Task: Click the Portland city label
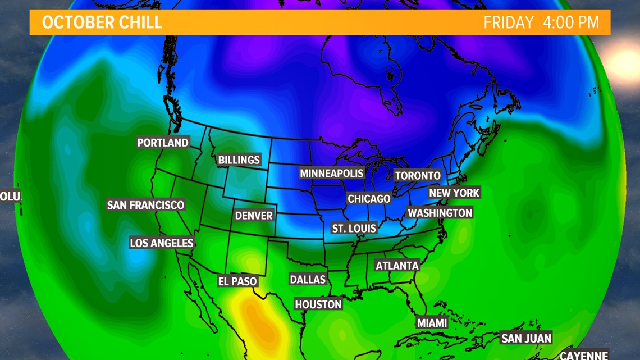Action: (x=163, y=143)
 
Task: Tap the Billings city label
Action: (x=239, y=160)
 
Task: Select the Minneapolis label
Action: (x=332, y=174)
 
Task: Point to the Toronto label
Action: (x=418, y=176)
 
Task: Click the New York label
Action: (x=454, y=193)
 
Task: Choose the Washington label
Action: (x=440, y=213)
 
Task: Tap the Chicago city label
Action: (x=369, y=199)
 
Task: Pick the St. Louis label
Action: (x=354, y=229)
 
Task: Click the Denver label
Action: (x=254, y=216)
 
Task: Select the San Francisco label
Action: (x=145, y=205)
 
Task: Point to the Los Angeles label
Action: (x=162, y=243)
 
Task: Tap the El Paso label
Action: (x=237, y=281)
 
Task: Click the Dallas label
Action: (x=308, y=279)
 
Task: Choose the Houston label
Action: (x=318, y=304)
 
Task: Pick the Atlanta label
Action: (x=397, y=266)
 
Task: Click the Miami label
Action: (x=432, y=323)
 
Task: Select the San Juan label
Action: (x=526, y=338)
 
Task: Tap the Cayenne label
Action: (x=584, y=355)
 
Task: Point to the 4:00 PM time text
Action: (x=571, y=22)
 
